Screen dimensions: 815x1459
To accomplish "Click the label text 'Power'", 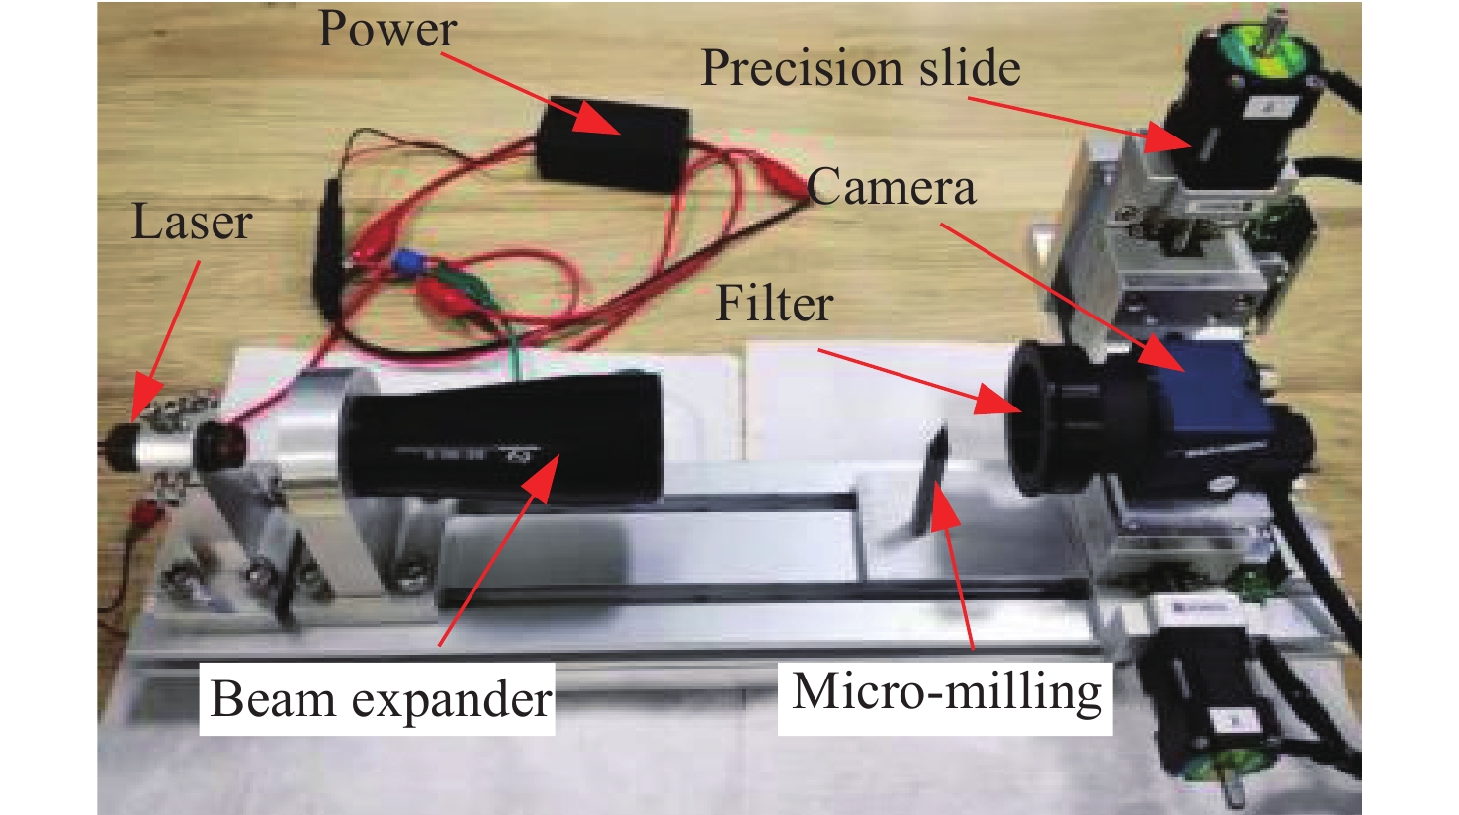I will pos(386,30).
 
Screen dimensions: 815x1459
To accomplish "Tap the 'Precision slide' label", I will pos(860,69).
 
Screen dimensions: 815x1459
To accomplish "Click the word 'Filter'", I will pos(774,304).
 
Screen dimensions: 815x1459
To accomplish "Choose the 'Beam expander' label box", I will pos(381,700).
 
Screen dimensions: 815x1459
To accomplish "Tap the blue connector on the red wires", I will pos(406,264).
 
